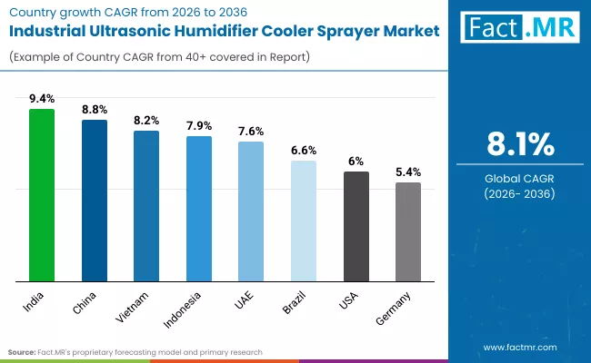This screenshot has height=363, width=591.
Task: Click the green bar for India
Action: pos(42,195)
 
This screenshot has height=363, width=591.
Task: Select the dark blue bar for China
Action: pos(95,201)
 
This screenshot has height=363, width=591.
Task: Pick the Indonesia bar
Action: pos(199,209)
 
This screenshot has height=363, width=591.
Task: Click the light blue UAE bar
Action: pos(251,211)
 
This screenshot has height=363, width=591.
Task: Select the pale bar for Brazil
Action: pos(304,221)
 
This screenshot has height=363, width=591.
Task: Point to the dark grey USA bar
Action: pos(356,226)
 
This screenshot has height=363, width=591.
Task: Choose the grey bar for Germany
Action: pos(408,231)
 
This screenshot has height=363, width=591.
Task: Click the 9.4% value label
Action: pos(42,99)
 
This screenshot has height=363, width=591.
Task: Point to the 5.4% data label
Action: pos(408,172)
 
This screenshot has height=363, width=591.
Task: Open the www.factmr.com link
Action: pos(519,347)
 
